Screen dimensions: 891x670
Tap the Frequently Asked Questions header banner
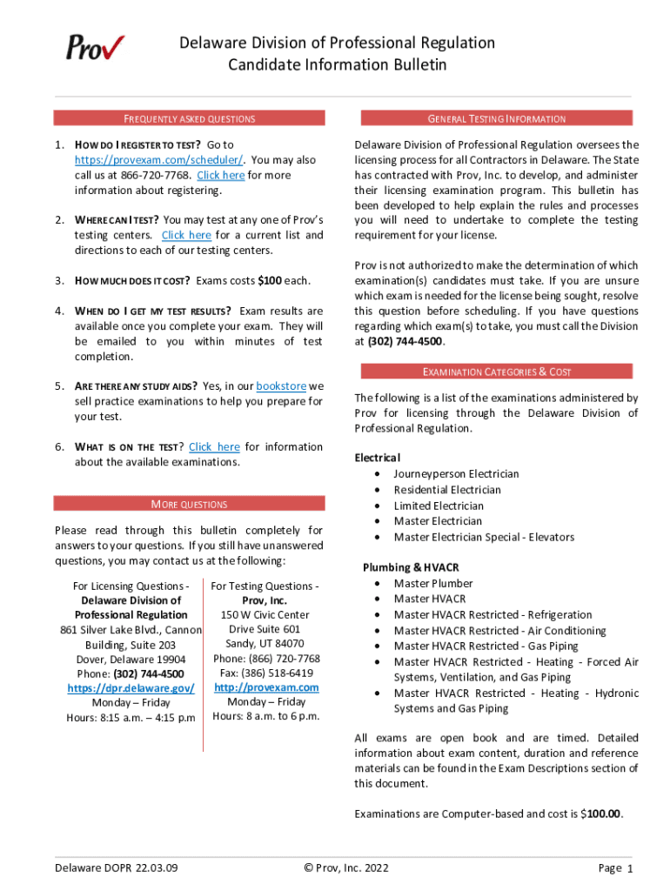click(189, 118)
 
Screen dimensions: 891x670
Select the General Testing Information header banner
click(496, 118)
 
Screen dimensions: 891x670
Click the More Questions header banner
click(189, 504)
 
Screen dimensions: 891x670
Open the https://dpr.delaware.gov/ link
click(131, 688)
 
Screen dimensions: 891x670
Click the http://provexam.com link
click(266, 687)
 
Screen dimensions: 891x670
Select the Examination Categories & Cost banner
click(496, 372)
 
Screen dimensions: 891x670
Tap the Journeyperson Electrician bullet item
click(456, 474)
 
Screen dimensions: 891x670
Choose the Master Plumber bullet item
click(433, 584)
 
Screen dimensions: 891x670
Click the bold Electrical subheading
click(378, 458)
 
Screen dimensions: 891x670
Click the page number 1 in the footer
click(629, 868)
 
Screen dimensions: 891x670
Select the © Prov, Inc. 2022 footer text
click(345, 868)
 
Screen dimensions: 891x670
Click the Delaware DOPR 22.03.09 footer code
click(116, 868)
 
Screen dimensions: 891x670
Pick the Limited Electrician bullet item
click(439, 506)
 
